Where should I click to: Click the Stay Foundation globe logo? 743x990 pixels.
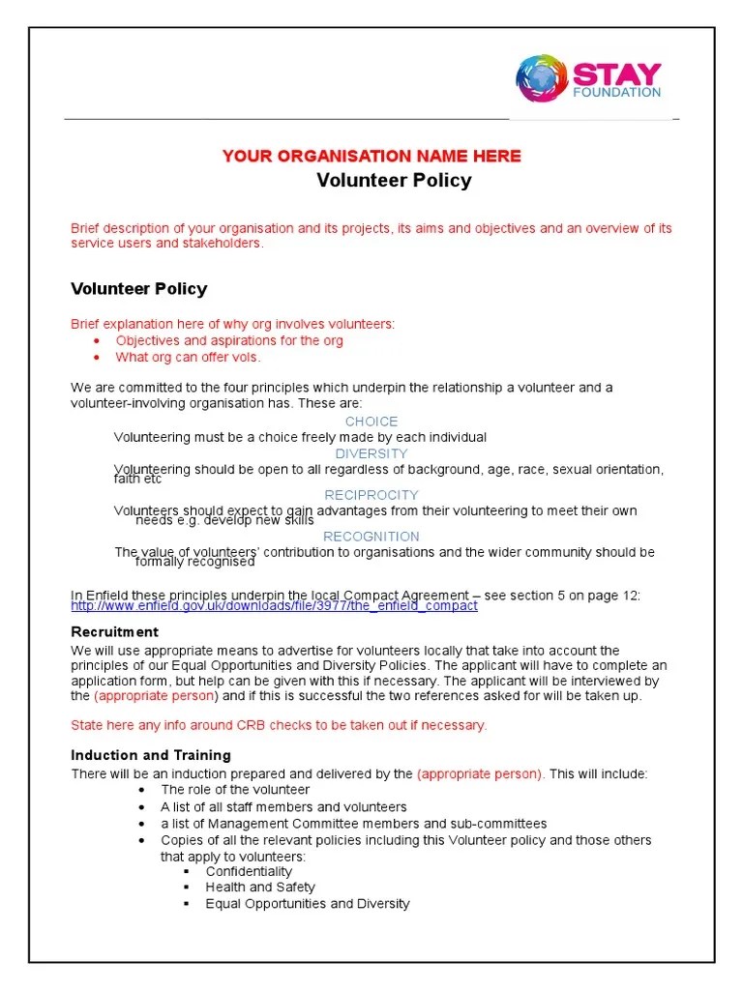point(541,79)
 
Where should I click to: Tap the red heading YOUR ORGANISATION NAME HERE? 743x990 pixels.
point(371,156)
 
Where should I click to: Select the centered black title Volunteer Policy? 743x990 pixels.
point(395,181)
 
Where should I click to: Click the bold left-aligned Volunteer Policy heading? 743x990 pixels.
point(139,288)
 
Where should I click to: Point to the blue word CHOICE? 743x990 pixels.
point(371,422)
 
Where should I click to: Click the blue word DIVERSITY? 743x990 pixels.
point(371,453)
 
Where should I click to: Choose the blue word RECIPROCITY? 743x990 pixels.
point(371,495)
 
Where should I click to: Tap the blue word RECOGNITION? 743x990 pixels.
point(371,537)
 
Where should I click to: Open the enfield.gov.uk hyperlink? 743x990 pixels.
point(275,606)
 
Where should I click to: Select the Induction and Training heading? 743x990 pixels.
point(151,755)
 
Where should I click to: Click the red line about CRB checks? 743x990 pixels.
point(280,725)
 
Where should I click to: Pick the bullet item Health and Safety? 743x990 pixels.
point(260,887)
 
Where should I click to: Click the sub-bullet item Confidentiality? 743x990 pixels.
point(249,871)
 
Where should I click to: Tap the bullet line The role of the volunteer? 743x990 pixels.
point(235,790)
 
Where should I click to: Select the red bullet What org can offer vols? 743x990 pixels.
point(188,357)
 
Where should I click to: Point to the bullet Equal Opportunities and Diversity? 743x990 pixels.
point(308,903)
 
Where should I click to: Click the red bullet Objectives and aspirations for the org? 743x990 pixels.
point(229,340)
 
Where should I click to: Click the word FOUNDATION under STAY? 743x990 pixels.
point(616,93)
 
